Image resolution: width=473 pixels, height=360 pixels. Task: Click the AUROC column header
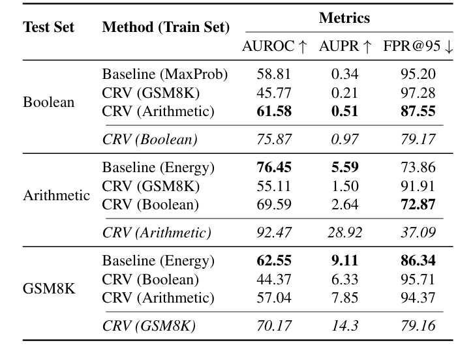point(274,46)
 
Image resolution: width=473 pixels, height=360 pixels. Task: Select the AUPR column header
point(345,46)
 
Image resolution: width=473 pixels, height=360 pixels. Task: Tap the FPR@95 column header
point(418,46)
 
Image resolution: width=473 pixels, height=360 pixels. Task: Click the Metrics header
point(344,18)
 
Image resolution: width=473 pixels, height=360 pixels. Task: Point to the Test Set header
point(49,27)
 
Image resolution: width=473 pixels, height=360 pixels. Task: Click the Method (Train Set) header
point(166,27)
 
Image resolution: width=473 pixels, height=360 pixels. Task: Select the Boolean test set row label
point(48,102)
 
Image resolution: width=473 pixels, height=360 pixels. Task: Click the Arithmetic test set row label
point(56,196)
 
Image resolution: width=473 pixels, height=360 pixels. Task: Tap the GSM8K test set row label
point(49,289)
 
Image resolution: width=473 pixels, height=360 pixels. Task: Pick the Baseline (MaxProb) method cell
point(165,74)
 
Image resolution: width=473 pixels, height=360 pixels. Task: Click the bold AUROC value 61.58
point(274,112)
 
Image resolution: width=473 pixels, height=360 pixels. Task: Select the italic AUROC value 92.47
point(274,232)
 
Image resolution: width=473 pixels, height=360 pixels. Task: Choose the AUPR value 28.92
point(345,232)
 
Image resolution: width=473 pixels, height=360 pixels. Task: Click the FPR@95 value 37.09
point(418,232)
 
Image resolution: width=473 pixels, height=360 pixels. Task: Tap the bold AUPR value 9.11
point(345,262)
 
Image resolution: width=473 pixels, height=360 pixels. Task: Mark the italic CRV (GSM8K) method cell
point(149,325)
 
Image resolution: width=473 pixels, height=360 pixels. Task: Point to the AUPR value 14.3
point(345,325)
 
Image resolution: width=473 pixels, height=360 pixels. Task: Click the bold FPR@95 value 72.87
point(418,205)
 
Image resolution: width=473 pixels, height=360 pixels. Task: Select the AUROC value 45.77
point(274,93)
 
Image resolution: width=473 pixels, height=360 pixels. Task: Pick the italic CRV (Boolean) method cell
point(150,139)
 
